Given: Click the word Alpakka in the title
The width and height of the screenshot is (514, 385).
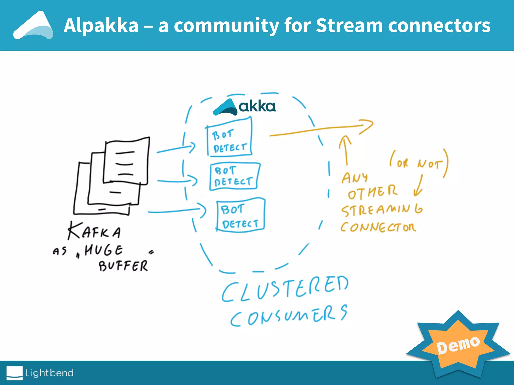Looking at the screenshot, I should tap(101, 26).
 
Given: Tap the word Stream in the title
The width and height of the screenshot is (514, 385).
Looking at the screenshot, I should tap(349, 26).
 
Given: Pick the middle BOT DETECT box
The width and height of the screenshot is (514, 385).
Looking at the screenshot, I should tap(234, 176).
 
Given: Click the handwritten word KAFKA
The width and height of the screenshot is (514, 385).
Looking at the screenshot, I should tap(94, 231).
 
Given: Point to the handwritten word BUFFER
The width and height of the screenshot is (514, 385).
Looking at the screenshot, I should tap(123, 266).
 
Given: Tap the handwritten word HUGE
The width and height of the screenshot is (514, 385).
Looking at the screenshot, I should tap(103, 250).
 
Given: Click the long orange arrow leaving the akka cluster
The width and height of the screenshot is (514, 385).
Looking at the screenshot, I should tap(321, 129).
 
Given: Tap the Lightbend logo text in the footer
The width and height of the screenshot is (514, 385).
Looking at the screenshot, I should tap(49, 373).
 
